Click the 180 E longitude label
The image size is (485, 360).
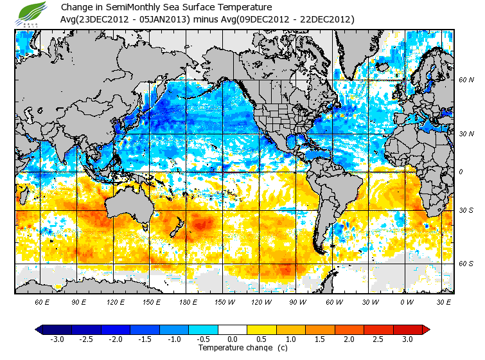[x=189, y=301]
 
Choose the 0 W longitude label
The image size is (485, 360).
[x=406, y=301]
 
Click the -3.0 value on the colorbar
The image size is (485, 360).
[x=57, y=339]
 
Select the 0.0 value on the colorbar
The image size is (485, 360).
[x=233, y=339]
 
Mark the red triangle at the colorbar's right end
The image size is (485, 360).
[x=427, y=330]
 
